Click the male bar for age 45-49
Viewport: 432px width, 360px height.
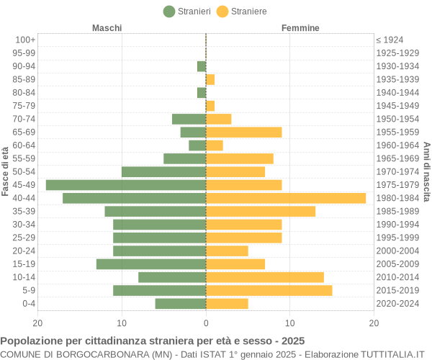(x=126, y=185)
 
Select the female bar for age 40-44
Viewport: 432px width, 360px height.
(x=286, y=198)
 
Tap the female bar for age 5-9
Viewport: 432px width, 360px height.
(x=269, y=290)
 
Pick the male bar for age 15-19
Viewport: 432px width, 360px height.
(x=151, y=264)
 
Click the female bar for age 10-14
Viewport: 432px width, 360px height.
(x=265, y=277)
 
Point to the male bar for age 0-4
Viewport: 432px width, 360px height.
(x=181, y=304)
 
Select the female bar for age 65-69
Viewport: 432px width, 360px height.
(x=243, y=132)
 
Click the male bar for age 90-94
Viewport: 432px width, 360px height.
(x=202, y=66)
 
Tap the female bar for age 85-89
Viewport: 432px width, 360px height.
(x=210, y=79)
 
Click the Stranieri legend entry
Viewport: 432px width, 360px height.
(x=187, y=12)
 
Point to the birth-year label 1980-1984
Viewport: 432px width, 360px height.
(x=397, y=198)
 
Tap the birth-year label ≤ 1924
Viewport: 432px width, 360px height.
(x=390, y=40)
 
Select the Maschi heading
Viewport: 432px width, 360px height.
(x=107, y=28)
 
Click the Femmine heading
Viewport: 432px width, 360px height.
(x=300, y=28)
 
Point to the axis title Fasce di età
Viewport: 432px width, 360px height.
(x=6, y=171)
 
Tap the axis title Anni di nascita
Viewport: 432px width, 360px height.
(x=426, y=171)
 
